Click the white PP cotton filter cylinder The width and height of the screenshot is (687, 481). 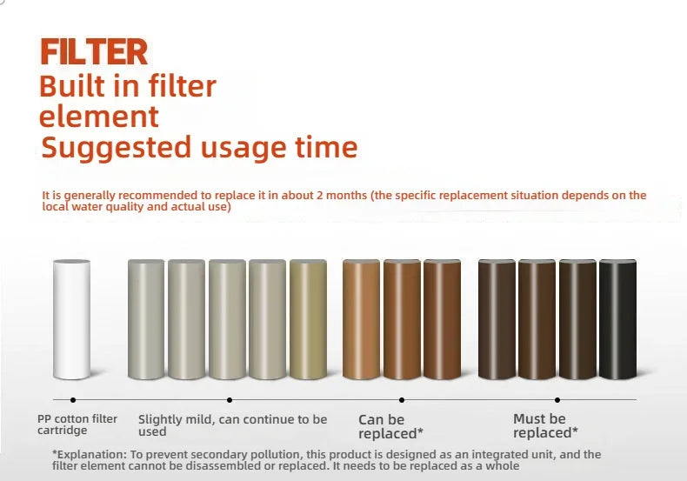point(71,319)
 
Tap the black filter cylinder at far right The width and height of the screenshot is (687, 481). point(617,319)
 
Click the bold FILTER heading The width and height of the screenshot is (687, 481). point(93,52)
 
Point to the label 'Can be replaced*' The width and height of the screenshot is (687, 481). point(391,426)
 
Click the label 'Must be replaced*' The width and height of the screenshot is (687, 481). point(545,425)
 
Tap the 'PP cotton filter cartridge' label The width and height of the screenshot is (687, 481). point(77,424)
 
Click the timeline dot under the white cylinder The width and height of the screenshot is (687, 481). point(71,399)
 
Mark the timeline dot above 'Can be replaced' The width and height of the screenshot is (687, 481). point(401,399)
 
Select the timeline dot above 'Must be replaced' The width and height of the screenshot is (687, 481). point(557,399)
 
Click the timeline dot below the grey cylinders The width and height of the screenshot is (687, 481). point(229,399)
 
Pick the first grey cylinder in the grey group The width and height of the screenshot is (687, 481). point(145,319)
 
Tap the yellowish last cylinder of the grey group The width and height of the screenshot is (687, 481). point(307,319)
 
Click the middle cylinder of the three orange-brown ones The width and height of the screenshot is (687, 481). point(401,319)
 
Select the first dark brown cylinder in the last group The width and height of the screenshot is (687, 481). point(497,319)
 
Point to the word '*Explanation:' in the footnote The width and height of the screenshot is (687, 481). point(83,455)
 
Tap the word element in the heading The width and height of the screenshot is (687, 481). point(99,117)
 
